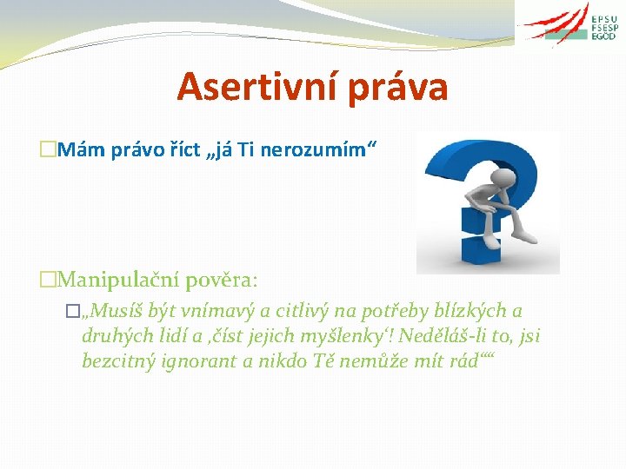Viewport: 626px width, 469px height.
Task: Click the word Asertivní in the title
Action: point(249,87)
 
